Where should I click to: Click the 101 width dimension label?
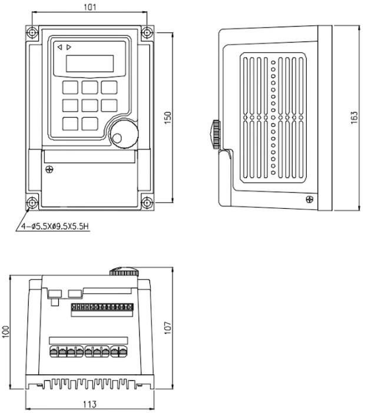tap(90, 7)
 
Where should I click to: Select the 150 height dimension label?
tap(168, 118)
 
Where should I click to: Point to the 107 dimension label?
tap(168, 328)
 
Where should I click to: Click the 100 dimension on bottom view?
tap(6, 333)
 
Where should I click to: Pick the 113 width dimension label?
tap(90, 405)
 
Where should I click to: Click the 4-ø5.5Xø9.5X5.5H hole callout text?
tap(55, 225)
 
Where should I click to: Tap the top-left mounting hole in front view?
tap(33, 32)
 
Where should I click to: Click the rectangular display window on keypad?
tap(90, 63)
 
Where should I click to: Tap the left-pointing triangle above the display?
tap(59, 46)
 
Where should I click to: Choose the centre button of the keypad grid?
tap(90, 105)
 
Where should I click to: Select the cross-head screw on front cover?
tap(49, 170)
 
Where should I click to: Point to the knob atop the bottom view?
tap(123, 271)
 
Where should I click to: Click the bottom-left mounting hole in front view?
tap(33, 203)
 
